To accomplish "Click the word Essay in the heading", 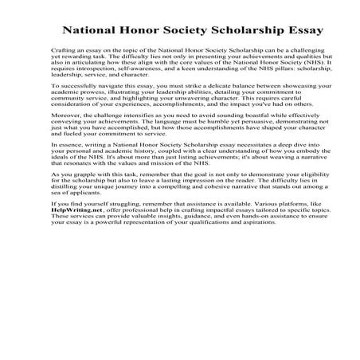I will pos(299,32).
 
